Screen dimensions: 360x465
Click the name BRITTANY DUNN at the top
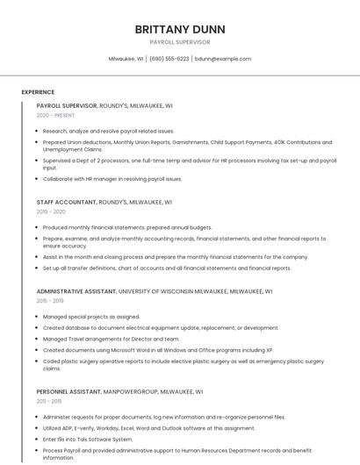(x=179, y=29)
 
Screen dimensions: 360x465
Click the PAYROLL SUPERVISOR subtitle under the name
(x=179, y=42)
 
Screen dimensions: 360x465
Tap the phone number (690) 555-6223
(x=169, y=59)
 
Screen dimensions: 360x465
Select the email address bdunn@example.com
(x=223, y=59)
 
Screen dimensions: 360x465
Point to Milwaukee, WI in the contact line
(x=126, y=59)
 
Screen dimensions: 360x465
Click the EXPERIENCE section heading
(x=38, y=92)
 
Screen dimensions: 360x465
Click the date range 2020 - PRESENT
(x=55, y=116)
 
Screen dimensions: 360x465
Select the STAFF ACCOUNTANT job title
(x=66, y=202)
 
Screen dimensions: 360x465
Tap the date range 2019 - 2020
(x=51, y=211)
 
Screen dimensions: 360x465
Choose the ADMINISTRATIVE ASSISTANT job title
(x=76, y=291)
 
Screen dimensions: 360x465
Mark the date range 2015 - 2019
(x=51, y=301)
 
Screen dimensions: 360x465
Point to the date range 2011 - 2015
(x=49, y=402)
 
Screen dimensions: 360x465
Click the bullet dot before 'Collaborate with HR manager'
(x=38, y=179)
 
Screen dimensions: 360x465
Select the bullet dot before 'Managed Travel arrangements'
(x=38, y=339)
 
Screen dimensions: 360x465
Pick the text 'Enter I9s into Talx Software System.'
(x=88, y=440)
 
